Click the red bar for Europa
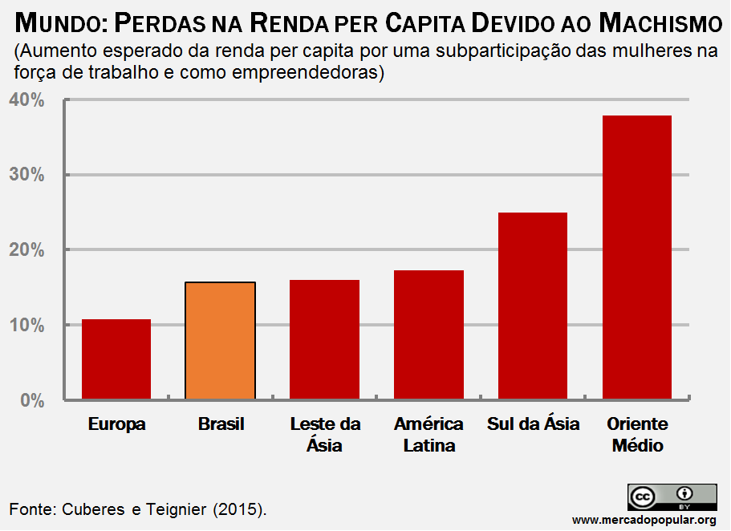pos(116,359)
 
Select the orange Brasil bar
pos(221,341)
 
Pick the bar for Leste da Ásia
pos(324,339)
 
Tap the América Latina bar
pos(428,334)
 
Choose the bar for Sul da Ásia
pos(533,306)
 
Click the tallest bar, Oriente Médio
pos(637,257)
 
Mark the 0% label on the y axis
pos(31,400)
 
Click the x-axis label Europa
pos(117,424)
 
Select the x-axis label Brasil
pos(221,424)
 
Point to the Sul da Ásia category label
pos(533,424)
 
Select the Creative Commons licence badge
pos(672,497)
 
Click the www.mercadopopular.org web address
pos(644,520)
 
